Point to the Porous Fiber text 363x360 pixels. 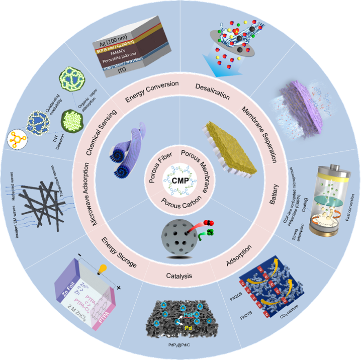point(161,166)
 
